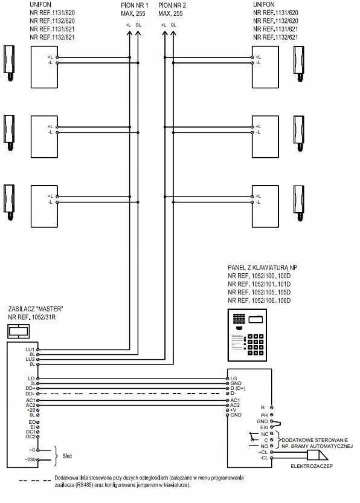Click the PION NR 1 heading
click(x=135, y=5)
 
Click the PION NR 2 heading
click(x=172, y=5)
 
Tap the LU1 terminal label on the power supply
click(x=30, y=349)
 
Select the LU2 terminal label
click(x=30, y=359)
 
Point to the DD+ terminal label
click(x=30, y=389)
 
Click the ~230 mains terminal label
click(x=30, y=459)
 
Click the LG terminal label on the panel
click(x=234, y=378)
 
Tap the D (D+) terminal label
click(x=238, y=389)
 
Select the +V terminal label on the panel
click(x=233, y=410)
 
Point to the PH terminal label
click(x=264, y=415)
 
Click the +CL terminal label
click(x=263, y=452)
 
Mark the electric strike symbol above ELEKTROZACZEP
click(x=317, y=455)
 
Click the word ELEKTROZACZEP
click(x=312, y=466)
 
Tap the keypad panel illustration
click(x=247, y=334)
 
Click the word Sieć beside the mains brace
click(x=67, y=456)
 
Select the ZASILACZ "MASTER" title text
click(x=36, y=309)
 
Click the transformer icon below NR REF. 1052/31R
click(x=19, y=331)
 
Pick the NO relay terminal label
click(x=264, y=446)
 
